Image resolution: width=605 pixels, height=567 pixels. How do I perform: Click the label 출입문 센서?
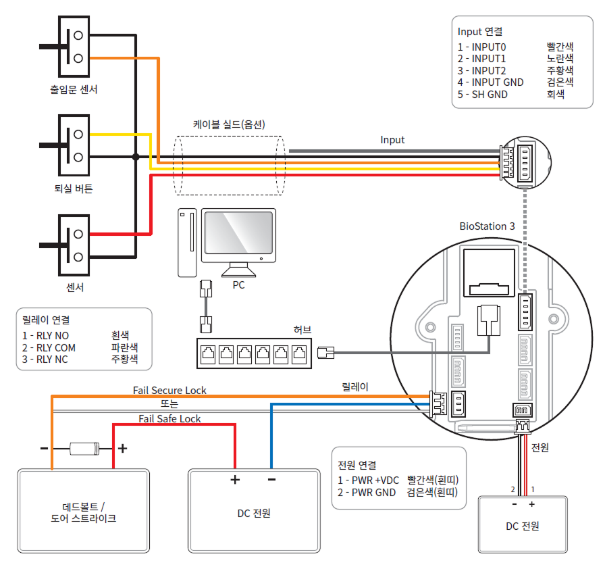74,89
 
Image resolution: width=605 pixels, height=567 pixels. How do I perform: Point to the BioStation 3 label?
487,226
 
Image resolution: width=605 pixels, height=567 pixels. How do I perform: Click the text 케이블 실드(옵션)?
229,124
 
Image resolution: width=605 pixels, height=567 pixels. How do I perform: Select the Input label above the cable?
392,140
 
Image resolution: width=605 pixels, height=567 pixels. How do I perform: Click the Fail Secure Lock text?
169,390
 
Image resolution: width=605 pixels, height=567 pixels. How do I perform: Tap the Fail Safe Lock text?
169,418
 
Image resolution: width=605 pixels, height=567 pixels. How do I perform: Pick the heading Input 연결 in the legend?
480,31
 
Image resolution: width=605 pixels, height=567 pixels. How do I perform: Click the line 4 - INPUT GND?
491,82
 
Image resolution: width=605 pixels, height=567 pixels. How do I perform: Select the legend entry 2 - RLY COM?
49,347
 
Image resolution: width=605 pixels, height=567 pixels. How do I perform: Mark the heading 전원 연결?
357,466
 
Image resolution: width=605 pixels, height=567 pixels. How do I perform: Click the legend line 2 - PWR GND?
367,493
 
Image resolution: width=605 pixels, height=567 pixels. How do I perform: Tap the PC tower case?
187,243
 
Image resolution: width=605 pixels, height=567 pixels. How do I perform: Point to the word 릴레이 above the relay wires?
355,387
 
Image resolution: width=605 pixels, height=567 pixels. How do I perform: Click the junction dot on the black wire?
136,157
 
